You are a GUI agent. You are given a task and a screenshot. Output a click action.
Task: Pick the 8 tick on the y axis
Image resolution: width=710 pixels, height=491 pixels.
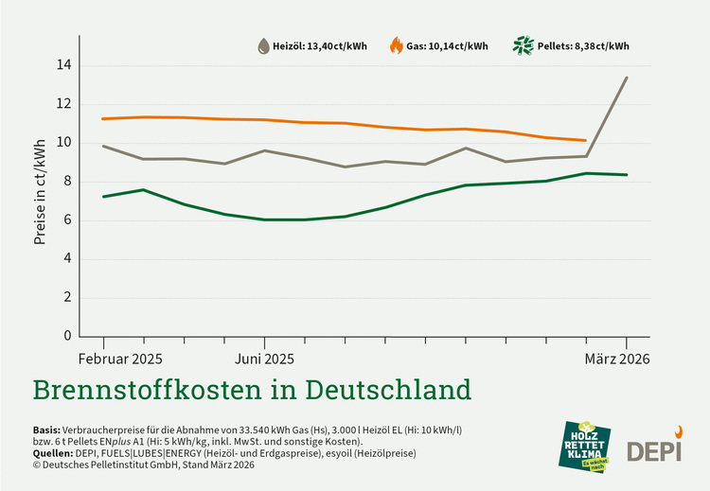click(x=64, y=182)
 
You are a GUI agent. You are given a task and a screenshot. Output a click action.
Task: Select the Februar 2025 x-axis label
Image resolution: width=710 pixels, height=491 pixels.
click(x=118, y=359)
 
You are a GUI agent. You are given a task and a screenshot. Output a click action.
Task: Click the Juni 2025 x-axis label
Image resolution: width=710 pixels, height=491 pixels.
click(x=263, y=359)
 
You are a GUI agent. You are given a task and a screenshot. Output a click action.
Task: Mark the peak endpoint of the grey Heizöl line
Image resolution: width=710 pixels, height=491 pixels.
click(x=627, y=78)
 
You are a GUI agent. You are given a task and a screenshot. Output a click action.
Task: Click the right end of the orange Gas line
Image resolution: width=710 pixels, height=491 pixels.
click(x=586, y=140)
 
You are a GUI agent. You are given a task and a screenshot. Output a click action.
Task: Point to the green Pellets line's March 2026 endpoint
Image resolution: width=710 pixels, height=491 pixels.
click(x=627, y=174)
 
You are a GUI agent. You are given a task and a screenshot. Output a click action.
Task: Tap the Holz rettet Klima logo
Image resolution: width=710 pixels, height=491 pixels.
click(x=586, y=447)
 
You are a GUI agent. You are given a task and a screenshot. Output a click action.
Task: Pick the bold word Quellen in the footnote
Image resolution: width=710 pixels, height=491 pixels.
click(x=56, y=453)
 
